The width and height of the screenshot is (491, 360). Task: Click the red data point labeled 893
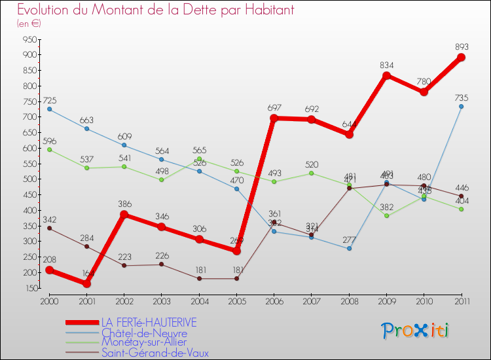[461, 58]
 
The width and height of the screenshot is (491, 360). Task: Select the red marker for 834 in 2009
[386, 76]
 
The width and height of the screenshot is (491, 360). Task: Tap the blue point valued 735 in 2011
[461, 106]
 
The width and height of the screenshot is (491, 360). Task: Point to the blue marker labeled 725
[49, 109]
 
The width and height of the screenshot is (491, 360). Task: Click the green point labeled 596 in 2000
[49, 149]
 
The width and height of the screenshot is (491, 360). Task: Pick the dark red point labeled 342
[49, 228]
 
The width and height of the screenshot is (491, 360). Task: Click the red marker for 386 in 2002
[124, 214]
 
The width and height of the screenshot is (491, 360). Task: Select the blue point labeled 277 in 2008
[349, 248]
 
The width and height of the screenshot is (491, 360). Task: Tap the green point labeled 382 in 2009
[386, 215]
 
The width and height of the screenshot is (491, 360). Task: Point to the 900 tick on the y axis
[29, 55]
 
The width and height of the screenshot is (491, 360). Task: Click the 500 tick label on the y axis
[29, 179]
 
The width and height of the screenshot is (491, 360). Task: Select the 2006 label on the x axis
[274, 301]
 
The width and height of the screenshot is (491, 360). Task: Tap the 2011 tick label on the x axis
[461, 301]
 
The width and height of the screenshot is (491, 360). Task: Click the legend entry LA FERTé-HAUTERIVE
[149, 323]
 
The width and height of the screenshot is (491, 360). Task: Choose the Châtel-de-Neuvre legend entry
[143, 333]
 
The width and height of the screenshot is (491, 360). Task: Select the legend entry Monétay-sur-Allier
[143, 342]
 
